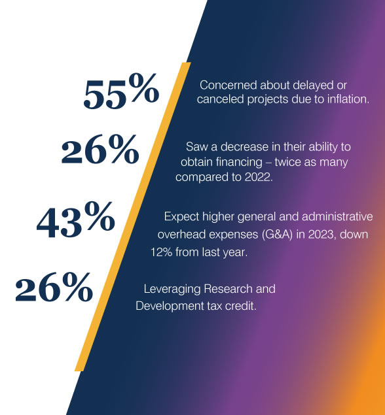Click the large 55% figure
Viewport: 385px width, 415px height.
click(121, 91)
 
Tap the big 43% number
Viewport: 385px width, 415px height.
click(76, 219)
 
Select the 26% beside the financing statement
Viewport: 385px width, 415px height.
click(100, 149)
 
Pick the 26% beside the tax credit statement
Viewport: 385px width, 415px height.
click(54, 287)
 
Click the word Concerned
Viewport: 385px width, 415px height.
click(229, 85)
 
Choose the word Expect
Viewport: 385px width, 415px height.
click(181, 217)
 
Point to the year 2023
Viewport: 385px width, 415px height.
click(321, 235)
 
